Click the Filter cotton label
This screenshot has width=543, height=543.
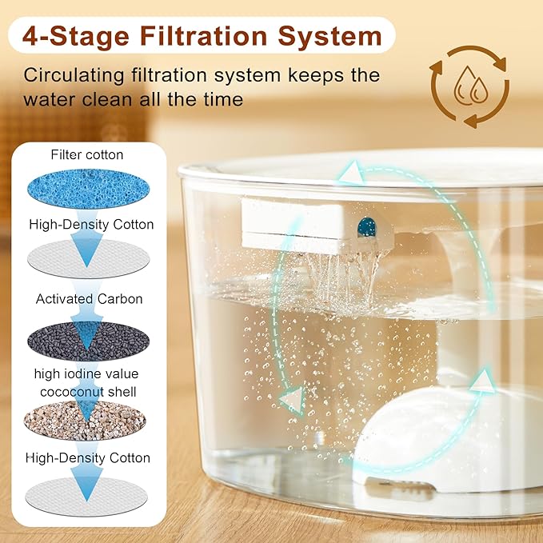click(87, 154)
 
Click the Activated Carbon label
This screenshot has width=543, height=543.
click(89, 298)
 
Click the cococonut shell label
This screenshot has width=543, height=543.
click(88, 391)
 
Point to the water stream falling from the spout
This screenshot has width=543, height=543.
click(340, 272)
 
